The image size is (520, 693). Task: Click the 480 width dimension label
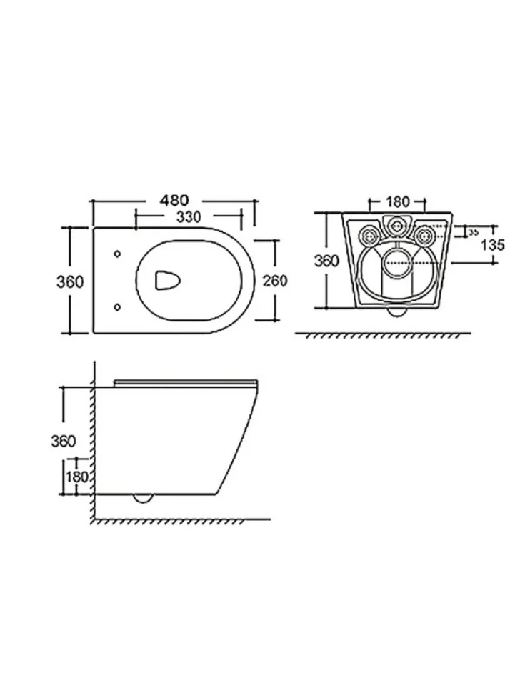[174, 200]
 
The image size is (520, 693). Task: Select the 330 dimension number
[189, 217]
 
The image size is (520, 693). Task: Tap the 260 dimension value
[275, 281]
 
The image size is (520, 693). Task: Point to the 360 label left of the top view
[70, 281]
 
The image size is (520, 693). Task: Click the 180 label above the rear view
[398, 202]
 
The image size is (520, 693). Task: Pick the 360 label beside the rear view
[327, 261]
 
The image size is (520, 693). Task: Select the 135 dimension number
[493, 244]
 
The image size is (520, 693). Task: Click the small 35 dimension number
[473, 232]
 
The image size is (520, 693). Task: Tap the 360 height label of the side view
[64, 441]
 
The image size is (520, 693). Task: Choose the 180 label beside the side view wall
[78, 477]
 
